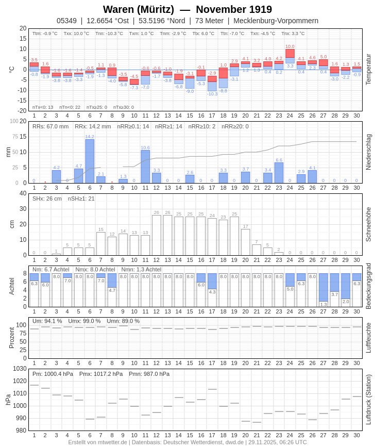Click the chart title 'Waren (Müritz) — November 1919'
point(187,9)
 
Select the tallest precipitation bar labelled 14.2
point(90,161)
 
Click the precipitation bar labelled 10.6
point(145,167)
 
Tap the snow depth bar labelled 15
point(101,243)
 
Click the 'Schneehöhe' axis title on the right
point(368,224)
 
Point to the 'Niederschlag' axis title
point(368,152)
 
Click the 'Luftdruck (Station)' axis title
point(368,400)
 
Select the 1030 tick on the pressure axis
point(20,369)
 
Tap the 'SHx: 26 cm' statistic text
point(47,199)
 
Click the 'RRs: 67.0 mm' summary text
point(50,126)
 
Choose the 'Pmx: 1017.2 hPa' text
point(101,374)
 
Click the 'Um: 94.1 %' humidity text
point(47,321)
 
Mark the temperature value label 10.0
point(290,46)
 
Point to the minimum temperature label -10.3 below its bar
point(212,94)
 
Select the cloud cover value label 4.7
point(112,290)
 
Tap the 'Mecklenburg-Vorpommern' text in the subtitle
point(276,21)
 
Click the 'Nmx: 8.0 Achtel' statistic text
point(95,269)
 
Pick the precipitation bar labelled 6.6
point(279,173)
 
